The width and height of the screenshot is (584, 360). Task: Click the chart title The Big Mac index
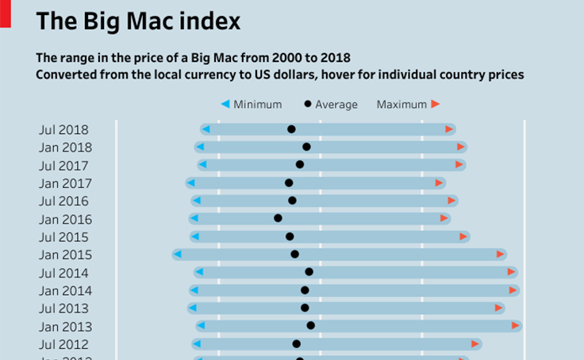138,21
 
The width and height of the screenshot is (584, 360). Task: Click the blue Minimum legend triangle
225,104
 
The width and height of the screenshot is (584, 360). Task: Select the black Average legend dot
308,104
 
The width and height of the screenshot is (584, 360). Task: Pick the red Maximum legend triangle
435,104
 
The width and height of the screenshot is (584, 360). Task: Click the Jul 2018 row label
63,129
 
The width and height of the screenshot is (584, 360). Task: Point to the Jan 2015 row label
65,255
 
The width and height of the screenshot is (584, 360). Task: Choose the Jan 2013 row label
65,327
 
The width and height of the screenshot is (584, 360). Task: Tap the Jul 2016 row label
63,201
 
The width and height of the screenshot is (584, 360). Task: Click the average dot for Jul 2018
291,129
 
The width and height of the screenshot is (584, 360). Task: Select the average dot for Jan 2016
278,218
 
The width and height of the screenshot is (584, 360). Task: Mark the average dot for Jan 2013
310,325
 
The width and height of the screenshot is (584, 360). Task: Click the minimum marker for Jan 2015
177,254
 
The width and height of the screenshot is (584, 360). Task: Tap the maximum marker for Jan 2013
516,325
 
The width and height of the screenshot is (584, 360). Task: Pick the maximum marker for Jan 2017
439,182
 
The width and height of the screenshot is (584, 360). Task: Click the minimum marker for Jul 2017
202,164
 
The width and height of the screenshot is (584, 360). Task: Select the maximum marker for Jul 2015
463,236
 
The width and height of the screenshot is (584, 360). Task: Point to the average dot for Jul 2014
309,272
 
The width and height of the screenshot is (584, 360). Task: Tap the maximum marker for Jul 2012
474,343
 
